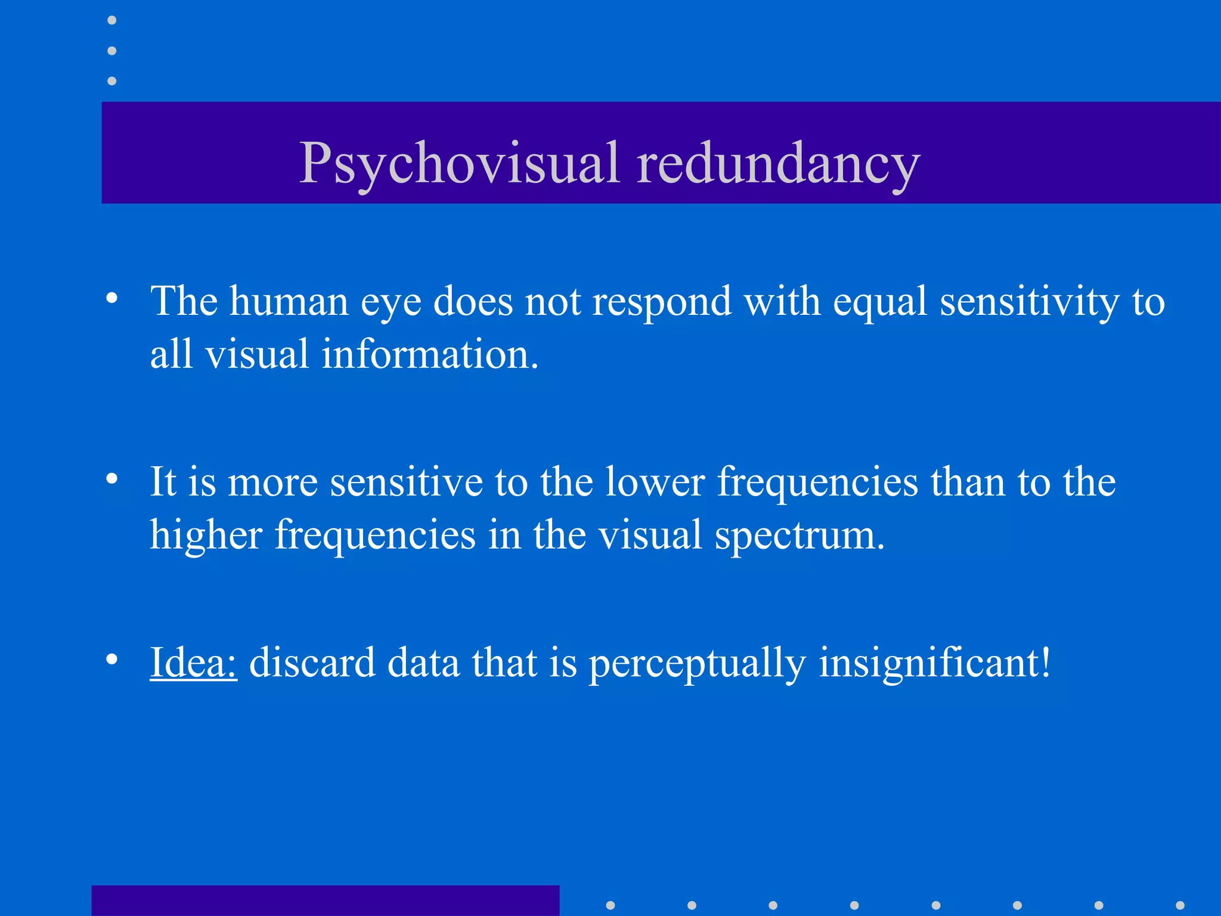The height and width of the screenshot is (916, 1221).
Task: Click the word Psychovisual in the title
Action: click(459, 163)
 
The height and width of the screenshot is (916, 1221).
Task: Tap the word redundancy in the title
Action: click(779, 163)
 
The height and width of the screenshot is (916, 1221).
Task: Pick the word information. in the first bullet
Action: click(430, 354)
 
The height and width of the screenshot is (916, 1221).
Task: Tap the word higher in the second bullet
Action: click(206, 535)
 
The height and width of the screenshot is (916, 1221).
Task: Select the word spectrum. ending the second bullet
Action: click(799, 536)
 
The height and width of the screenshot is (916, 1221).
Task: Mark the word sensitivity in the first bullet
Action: click(1030, 302)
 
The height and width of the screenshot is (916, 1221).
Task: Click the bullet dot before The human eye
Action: click(111, 298)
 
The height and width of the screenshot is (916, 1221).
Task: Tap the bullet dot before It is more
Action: click(111, 478)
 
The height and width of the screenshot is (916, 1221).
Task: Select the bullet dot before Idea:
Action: click(111, 659)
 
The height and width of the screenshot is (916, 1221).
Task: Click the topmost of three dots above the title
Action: click(111, 21)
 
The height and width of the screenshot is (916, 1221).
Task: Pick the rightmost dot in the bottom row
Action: click(1180, 905)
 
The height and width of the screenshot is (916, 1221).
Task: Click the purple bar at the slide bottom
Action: click(325, 900)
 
